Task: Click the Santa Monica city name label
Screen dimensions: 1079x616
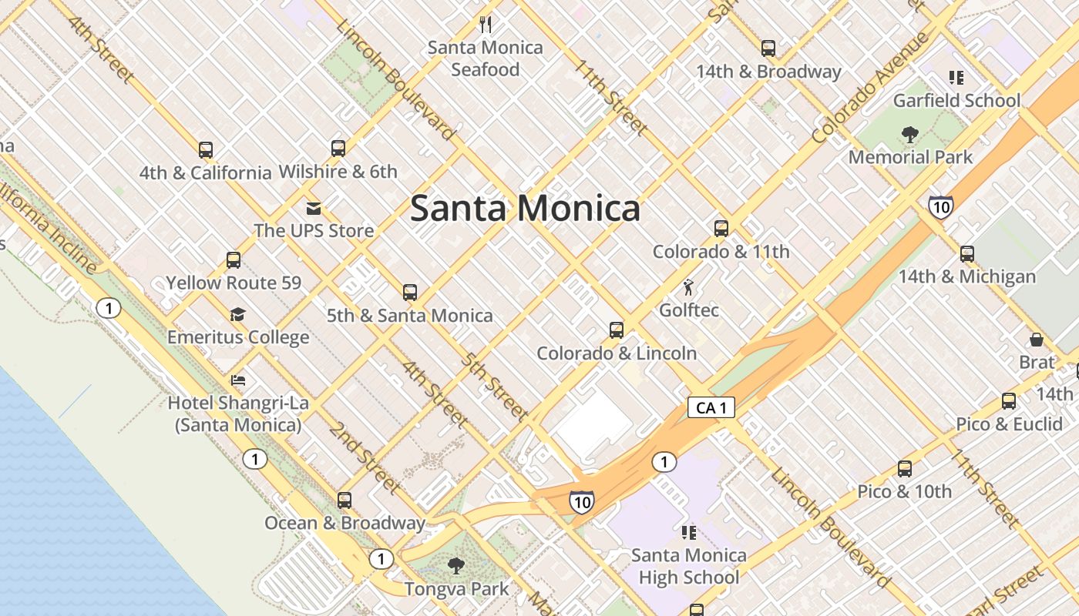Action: coord(525,208)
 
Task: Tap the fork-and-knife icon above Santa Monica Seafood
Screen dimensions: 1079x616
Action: coord(486,24)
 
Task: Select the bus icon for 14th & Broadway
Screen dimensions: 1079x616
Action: coord(768,49)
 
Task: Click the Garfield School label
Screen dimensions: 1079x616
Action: coord(956,101)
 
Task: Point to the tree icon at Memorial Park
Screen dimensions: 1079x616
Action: coord(910,135)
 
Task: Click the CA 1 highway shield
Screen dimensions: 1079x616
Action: coord(711,407)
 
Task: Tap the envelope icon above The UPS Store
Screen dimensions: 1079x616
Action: coord(314,208)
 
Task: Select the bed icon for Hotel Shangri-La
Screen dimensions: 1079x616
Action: coord(238,380)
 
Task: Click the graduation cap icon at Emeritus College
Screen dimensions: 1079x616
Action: coord(237,314)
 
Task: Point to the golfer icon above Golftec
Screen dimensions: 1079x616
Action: coord(688,288)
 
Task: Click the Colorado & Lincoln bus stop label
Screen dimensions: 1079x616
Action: coord(617,353)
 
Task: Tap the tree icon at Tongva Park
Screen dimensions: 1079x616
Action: coord(456,566)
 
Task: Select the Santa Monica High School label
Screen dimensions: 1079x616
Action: coord(689,566)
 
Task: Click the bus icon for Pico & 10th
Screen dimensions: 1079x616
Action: coord(905,468)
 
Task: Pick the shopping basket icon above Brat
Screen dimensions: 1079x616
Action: coord(1037,340)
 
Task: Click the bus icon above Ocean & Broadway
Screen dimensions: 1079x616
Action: coord(345,500)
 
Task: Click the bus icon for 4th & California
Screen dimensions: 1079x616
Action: coord(205,149)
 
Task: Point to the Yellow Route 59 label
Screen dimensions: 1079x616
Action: coord(234,283)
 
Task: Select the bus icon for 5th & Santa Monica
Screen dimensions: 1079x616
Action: coord(410,293)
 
